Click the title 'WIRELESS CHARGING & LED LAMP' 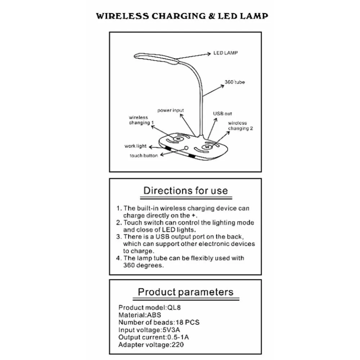[182, 16]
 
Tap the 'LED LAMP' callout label [225, 53]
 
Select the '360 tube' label [235, 82]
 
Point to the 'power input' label [171, 111]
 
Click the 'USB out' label [222, 114]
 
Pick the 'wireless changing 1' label [141, 120]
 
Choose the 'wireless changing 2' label [240, 126]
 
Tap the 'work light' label [135, 146]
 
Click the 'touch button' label [144, 156]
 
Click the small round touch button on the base [186, 148]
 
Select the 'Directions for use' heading [185, 190]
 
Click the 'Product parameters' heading [185, 292]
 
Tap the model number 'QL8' [174, 307]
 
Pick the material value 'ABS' [154, 315]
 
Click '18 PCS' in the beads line [188, 322]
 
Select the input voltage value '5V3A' [171, 330]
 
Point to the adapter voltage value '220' [178, 345]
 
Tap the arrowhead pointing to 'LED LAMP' [209, 54]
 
